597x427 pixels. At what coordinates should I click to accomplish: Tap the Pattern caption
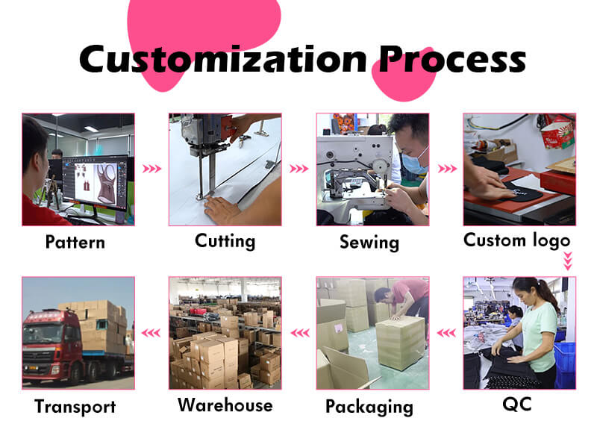pyautogui.click(x=75, y=242)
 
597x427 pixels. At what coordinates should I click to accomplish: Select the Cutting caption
pyautogui.click(x=225, y=240)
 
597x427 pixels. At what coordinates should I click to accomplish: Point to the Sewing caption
pyautogui.click(x=369, y=242)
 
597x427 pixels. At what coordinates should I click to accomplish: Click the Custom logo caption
pyautogui.click(x=516, y=240)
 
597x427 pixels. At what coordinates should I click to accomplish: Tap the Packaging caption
pyautogui.click(x=369, y=406)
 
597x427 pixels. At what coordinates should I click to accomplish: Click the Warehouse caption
pyautogui.click(x=225, y=405)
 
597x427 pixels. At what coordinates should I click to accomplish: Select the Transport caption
pyautogui.click(x=75, y=406)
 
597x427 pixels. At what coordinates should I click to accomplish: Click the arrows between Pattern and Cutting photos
pyautogui.click(x=151, y=169)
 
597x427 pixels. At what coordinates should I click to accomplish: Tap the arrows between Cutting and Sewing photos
pyautogui.click(x=298, y=169)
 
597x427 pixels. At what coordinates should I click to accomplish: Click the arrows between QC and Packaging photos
pyautogui.click(x=446, y=333)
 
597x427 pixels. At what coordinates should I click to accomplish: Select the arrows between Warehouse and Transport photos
pyautogui.click(x=151, y=333)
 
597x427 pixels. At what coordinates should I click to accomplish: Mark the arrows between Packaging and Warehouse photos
pyautogui.click(x=298, y=333)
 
